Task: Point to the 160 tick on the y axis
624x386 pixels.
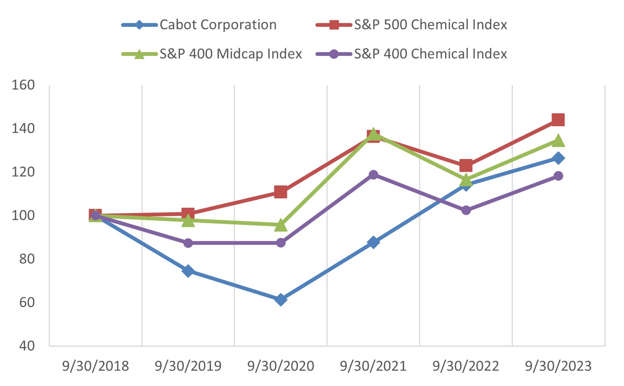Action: pyautogui.click(x=23, y=85)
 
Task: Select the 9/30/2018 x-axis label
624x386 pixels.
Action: pyautogui.click(x=95, y=366)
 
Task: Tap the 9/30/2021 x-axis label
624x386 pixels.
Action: pyautogui.click(x=373, y=366)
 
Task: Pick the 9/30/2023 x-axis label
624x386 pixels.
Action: pyautogui.click(x=558, y=366)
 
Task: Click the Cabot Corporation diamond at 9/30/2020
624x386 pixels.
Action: pyautogui.click(x=281, y=300)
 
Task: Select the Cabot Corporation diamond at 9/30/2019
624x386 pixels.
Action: pyautogui.click(x=188, y=271)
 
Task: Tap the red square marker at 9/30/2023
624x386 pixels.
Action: pyautogui.click(x=558, y=120)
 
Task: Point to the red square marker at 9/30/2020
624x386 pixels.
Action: pyautogui.click(x=281, y=192)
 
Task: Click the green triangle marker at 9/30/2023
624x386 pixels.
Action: pyautogui.click(x=558, y=141)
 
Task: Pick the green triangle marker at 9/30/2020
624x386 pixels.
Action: pyautogui.click(x=281, y=225)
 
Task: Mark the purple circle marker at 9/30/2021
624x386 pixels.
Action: pyautogui.click(x=373, y=174)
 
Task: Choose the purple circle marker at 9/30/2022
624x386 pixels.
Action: pyautogui.click(x=466, y=210)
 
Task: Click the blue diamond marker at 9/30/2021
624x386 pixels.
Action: pyautogui.click(x=373, y=242)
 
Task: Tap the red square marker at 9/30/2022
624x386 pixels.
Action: pyautogui.click(x=466, y=165)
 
